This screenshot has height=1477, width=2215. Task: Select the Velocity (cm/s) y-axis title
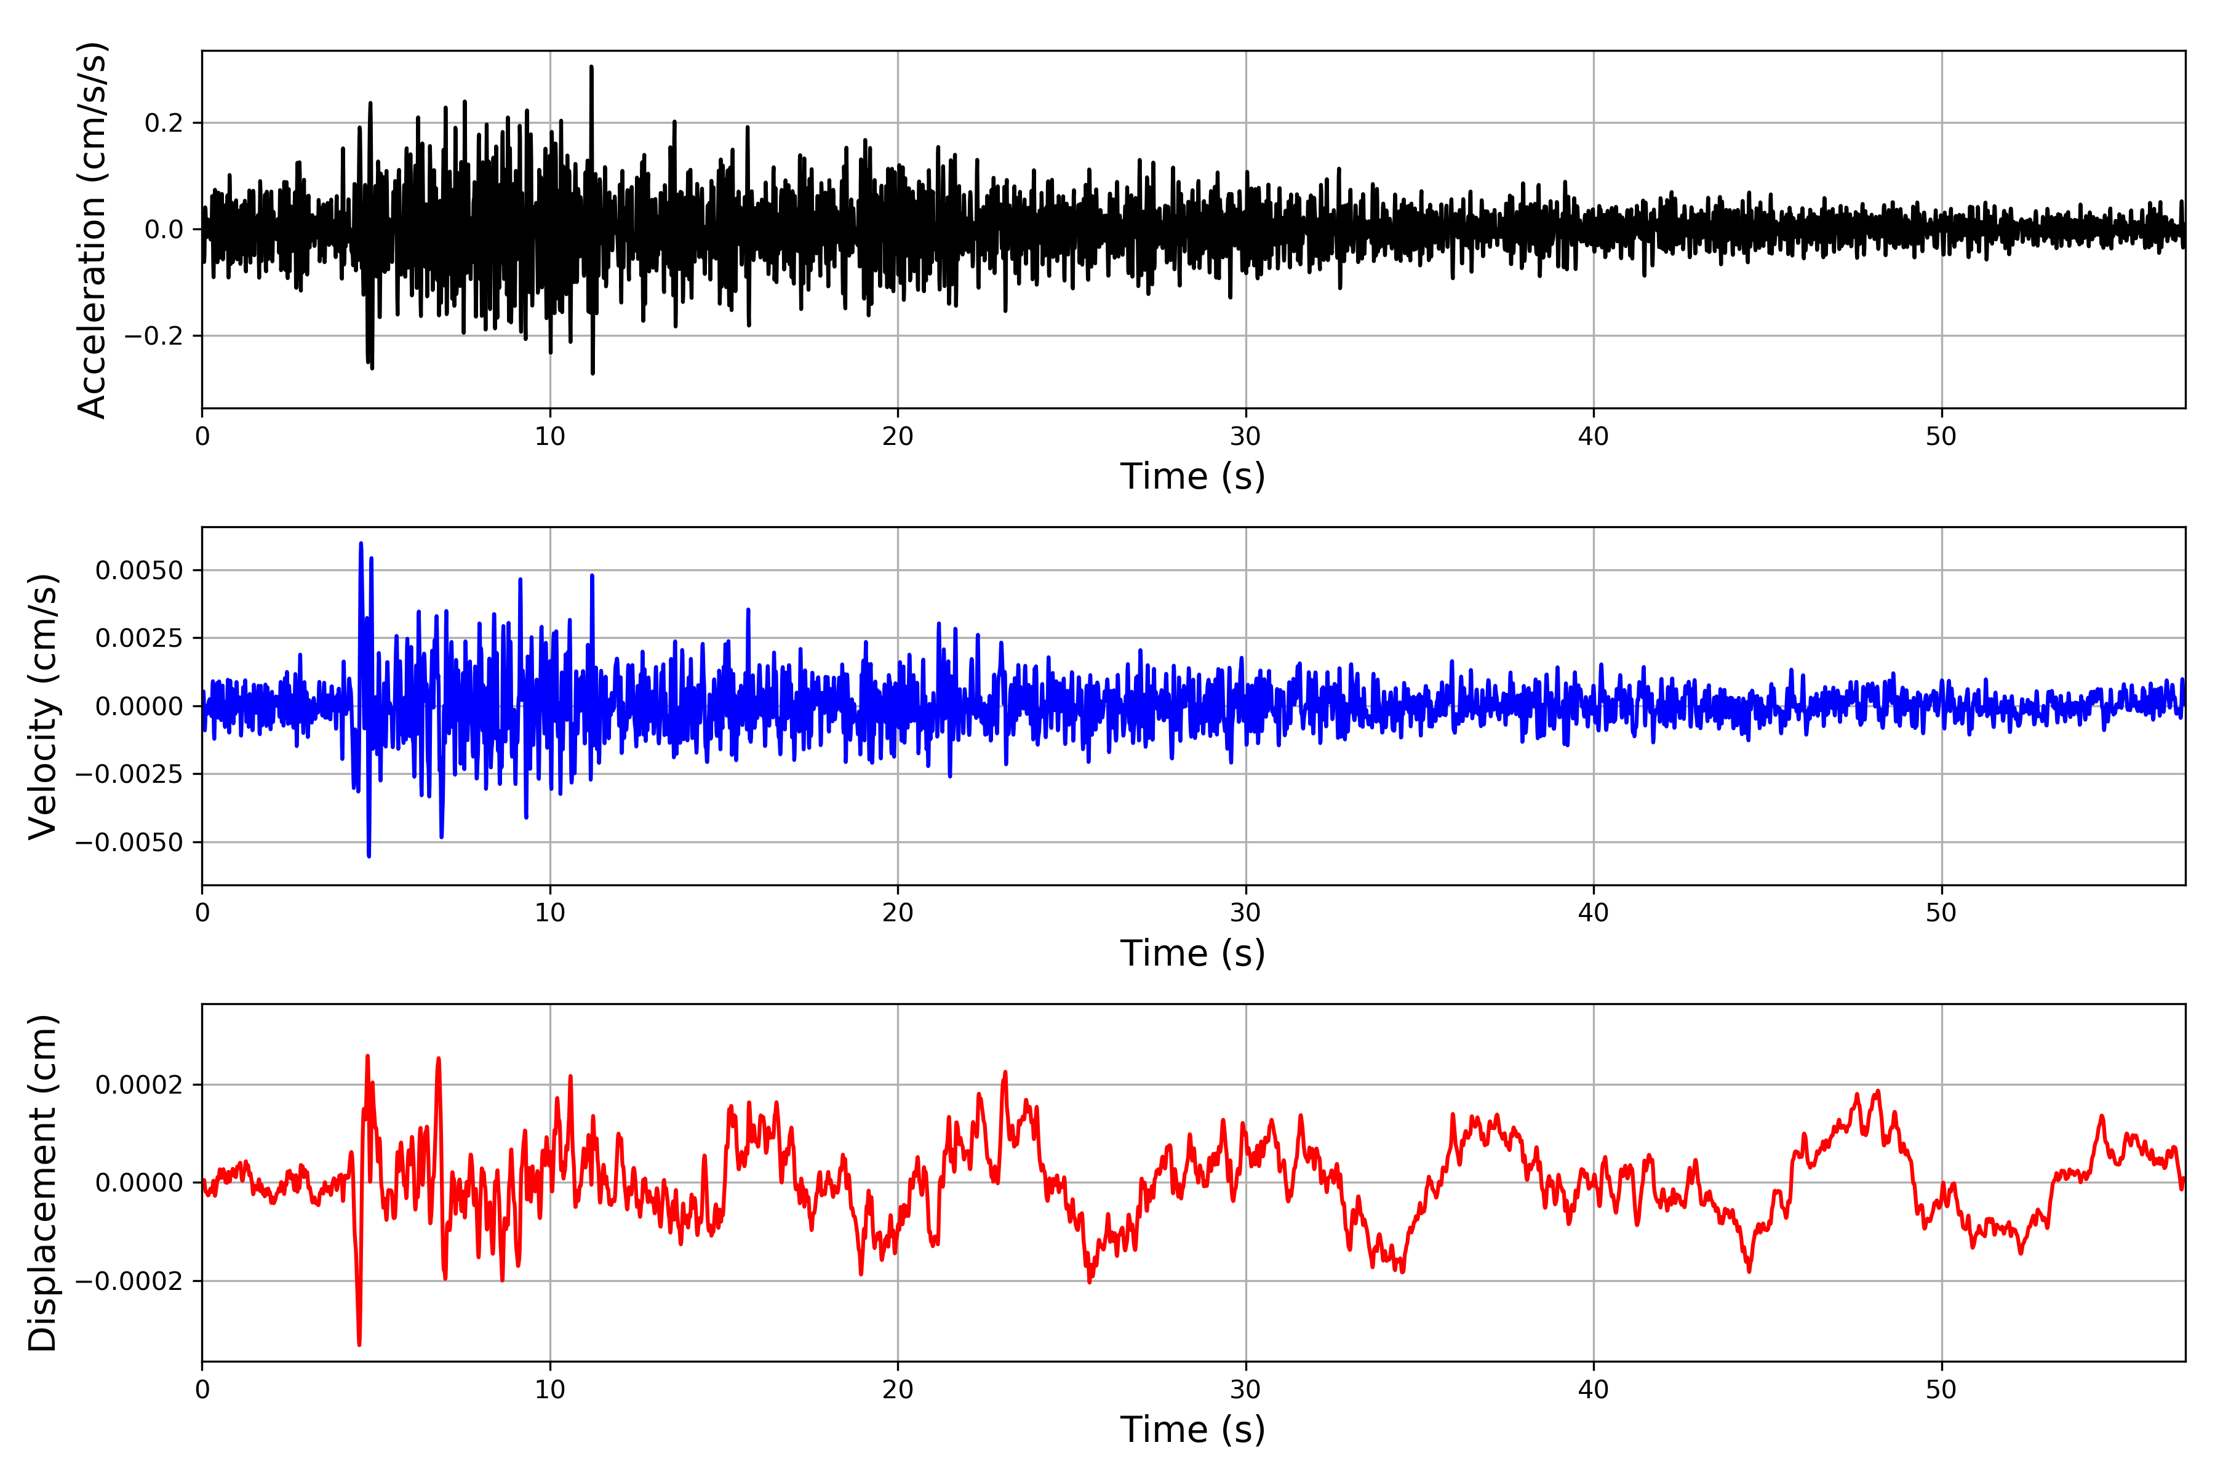pyautogui.click(x=42, y=705)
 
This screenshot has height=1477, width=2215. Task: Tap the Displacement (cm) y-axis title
pyautogui.click(x=42, y=1183)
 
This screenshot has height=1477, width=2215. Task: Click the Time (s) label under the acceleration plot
pyautogui.click(x=1192, y=476)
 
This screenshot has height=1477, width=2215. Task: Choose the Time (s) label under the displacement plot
pyautogui.click(x=1192, y=1430)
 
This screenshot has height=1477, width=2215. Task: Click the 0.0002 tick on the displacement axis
pyautogui.click(x=140, y=1085)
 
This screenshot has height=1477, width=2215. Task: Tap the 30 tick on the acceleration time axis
pyautogui.click(x=1246, y=437)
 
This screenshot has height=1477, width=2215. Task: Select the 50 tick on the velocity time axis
pyautogui.click(x=1942, y=913)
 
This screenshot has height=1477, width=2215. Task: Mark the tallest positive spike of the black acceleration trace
pyautogui.click(x=591, y=67)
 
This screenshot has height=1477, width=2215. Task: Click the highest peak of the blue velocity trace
pyautogui.click(x=361, y=543)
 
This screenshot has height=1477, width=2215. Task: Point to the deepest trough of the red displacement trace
pyautogui.click(x=359, y=1344)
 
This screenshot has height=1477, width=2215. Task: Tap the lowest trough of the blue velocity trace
pyautogui.click(x=368, y=856)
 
